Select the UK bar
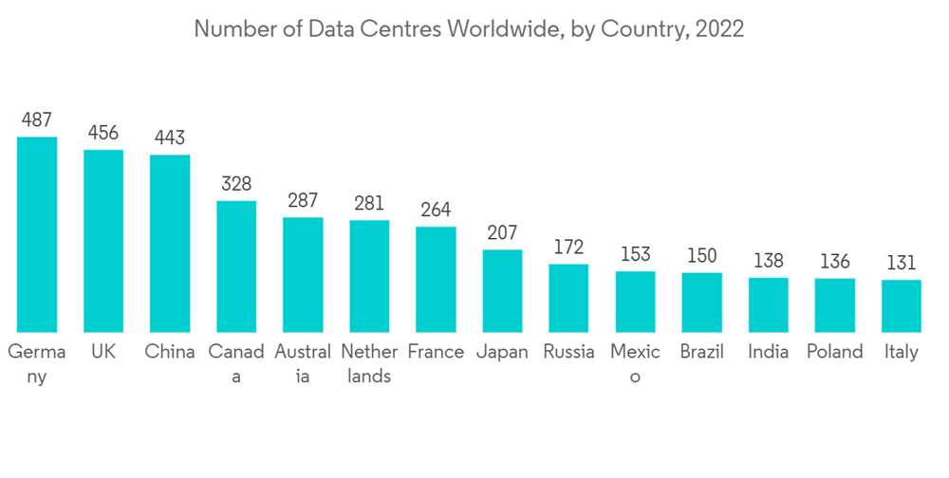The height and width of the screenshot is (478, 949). click(103, 241)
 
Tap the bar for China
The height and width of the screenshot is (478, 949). click(170, 244)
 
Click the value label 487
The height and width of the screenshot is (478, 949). click(37, 120)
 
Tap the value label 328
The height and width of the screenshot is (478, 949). click(236, 184)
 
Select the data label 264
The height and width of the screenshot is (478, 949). click(436, 210)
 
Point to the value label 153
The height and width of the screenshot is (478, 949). click(635, 254)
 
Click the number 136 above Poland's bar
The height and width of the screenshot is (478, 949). click(834, 262)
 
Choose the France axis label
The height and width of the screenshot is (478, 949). click(436, 352)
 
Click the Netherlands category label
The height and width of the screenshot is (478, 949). click(369, 363)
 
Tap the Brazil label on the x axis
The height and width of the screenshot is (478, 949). click(701, 352)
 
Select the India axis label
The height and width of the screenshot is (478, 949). click(768, 352)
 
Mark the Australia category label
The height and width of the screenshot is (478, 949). click(303, 363)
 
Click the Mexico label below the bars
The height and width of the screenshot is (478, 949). click(635, 363)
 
